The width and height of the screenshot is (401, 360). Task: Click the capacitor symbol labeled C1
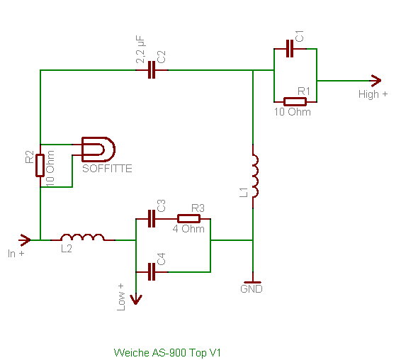290,48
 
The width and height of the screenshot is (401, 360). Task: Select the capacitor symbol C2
152,70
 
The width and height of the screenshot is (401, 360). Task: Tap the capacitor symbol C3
152,219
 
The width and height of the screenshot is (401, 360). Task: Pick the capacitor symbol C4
152,271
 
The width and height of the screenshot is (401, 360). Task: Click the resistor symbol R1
295,102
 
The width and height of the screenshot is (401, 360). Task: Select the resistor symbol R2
40,166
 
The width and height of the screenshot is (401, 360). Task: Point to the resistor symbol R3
188,219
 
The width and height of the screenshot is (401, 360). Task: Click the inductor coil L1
255,176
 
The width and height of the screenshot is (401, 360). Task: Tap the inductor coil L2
83,237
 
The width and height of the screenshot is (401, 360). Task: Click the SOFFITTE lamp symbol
98,150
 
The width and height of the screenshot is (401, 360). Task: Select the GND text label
252,289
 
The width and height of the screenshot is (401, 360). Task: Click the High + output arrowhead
375,81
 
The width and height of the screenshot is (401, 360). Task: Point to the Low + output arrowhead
136,299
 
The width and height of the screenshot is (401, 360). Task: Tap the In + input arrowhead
25,240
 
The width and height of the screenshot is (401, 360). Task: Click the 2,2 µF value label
140,50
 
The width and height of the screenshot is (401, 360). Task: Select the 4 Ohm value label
188,229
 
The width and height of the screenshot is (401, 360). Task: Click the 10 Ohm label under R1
293,112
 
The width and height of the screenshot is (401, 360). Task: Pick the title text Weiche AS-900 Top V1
167,353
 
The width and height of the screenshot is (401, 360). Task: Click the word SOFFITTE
107,169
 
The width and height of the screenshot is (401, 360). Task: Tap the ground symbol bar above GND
253,282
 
